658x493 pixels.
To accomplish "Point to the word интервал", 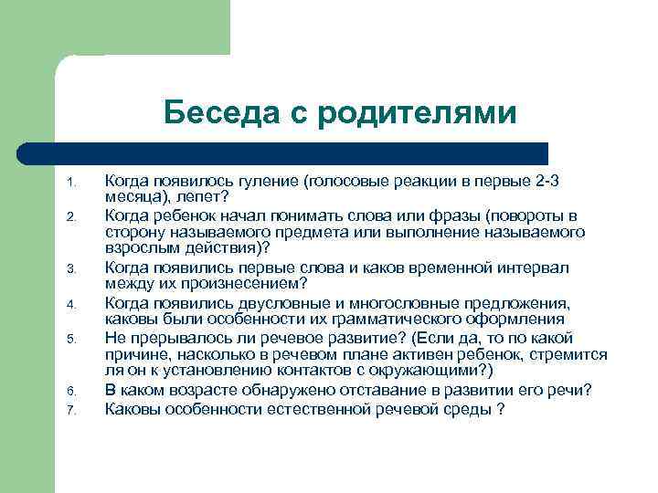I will pos(533,267).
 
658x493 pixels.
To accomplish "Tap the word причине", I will pos(139,354).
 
